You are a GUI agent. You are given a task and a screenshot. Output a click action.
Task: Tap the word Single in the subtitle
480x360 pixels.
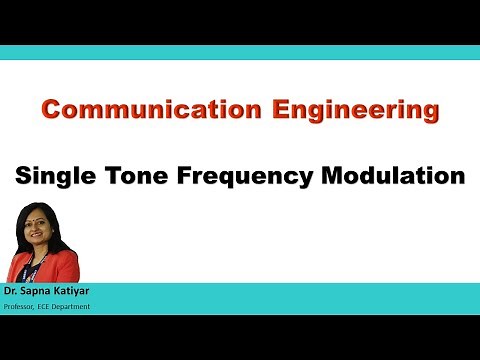[51, 177]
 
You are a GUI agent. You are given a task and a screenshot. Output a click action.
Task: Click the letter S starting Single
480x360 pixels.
[22, 177]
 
